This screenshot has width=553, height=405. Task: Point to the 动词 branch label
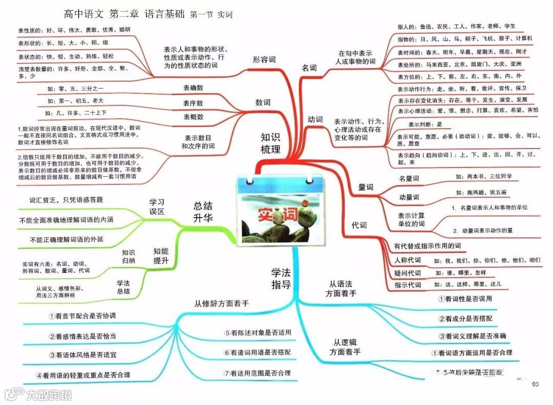point(315,119)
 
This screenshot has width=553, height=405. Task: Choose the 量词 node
point(365,187)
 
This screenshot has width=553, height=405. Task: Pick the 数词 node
point(263,102)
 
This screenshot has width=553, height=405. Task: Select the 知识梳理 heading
point(270,143)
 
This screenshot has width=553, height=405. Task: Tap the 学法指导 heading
point(281,278)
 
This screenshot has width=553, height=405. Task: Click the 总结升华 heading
point(203,211)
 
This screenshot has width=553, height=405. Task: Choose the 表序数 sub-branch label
point(193,103)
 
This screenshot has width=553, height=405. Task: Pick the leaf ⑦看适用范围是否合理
point(257,373)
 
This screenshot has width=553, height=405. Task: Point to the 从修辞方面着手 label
point(221,303)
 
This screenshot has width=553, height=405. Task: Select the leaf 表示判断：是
point(425,124)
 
